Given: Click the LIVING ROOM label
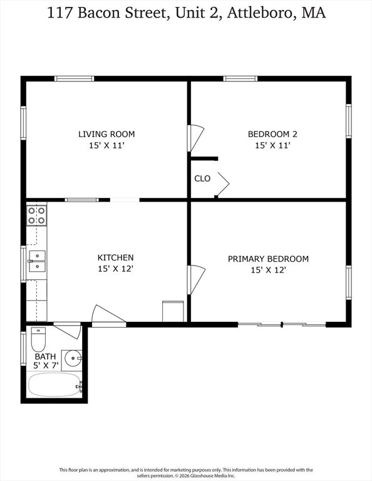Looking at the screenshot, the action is [106, 134].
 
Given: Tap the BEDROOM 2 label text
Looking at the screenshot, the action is [272, 134].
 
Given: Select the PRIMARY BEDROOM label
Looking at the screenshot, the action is [268, 259].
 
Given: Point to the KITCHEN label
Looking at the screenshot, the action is [115, 257].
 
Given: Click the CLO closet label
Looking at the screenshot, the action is [202, 178].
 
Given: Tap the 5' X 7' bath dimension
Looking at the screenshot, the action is [46, 365].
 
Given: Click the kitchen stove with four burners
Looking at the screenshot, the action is [36, 215].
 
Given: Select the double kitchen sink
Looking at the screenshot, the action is [37, 261].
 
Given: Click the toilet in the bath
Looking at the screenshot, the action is [38, 339].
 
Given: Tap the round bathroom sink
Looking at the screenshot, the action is [72, 358].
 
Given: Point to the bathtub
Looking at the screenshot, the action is [54, 385].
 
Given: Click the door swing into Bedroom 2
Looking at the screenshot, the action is [195, 138].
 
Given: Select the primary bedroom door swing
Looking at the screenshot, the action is [195, 280].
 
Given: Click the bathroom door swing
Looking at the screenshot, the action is [68, 330].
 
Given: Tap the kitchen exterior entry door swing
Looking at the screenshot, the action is [108, 316].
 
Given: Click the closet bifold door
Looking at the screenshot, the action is [222, 184].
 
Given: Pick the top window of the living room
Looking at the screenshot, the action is [75, 79].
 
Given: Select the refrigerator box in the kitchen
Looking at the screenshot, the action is [173, 311].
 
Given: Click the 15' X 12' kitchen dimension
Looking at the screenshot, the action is [115, 269].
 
